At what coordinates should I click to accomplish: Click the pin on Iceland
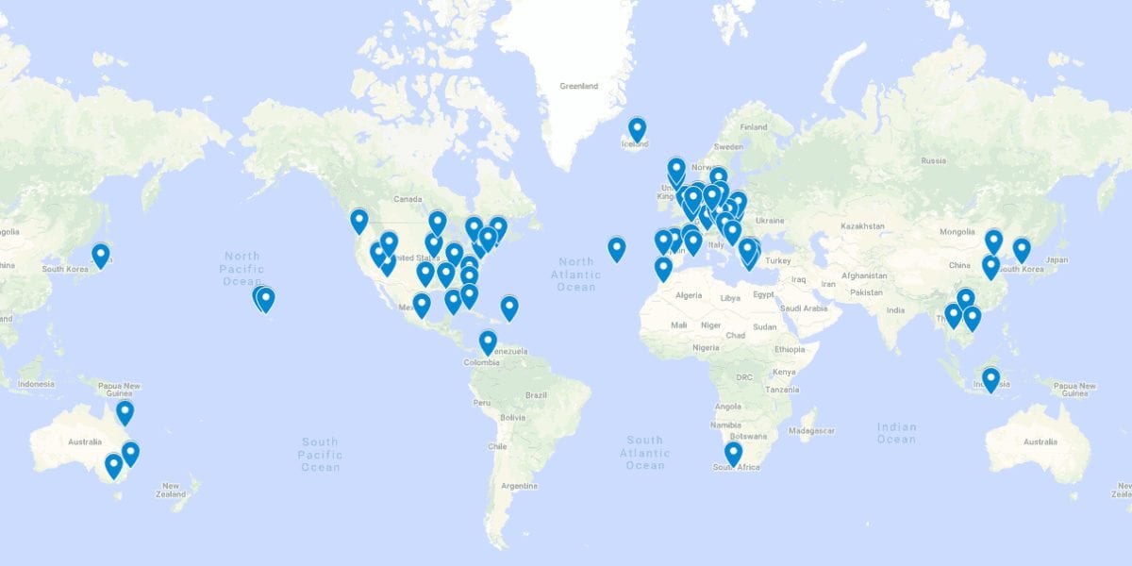(638, 129)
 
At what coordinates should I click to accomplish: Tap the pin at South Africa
(733, 454)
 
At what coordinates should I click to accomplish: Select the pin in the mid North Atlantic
(616, 248)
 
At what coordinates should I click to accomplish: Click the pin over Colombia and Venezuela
(488, 342)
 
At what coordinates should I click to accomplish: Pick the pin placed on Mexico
(422, 305)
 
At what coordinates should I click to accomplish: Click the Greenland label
(578, 87)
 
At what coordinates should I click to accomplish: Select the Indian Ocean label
(896, 433)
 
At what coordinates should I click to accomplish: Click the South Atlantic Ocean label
(645, 453)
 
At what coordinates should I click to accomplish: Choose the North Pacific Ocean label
(242, 268)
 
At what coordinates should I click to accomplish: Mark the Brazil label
(537, 394)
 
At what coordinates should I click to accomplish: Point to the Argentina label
(519, 486)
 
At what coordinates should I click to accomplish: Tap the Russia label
(932, 160)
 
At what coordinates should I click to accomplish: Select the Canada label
(408, 199)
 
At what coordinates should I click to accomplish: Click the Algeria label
(689, 295)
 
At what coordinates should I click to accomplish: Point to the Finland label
(754, 127)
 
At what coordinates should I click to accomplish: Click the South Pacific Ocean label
(320, 455)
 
